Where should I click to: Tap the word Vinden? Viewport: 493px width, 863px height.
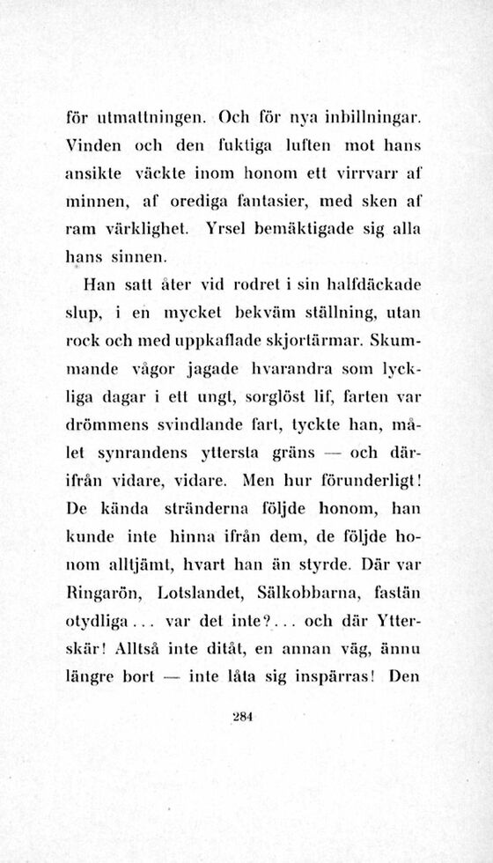[91, 144]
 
